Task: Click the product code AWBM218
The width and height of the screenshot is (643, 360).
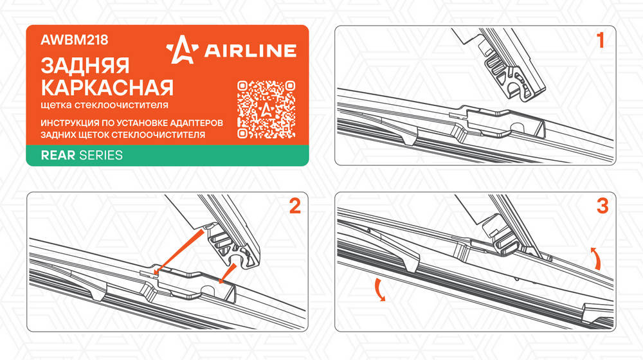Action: click(x=75, y=40)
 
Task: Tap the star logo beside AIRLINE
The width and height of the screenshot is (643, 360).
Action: click(x=182, y=50)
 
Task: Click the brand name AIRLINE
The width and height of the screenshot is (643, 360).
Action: click(x=250, y=51)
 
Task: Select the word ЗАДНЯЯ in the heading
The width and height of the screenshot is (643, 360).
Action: click(x=86, y=66)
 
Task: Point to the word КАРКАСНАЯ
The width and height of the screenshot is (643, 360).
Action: click(x=107, y=87)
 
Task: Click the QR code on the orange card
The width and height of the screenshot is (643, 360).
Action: click(x=266, y=109)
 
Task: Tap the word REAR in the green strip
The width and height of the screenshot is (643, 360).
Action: click(x=58, y=156)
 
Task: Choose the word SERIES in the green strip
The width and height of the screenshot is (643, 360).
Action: click(x=101, y=156)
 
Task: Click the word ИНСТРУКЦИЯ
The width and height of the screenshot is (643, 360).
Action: click(x=70, y=123)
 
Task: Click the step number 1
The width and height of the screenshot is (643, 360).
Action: click(x=601, y=40)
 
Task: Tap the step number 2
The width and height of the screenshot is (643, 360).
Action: click(x=295, y=206)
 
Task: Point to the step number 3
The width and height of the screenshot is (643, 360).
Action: click(x=602, y=206)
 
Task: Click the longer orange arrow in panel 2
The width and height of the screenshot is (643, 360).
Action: click(x=179, y=251)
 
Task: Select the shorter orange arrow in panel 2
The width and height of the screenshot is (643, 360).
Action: click(x=228, y=273)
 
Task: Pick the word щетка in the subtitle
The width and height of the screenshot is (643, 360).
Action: click(x=56, y=105)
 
